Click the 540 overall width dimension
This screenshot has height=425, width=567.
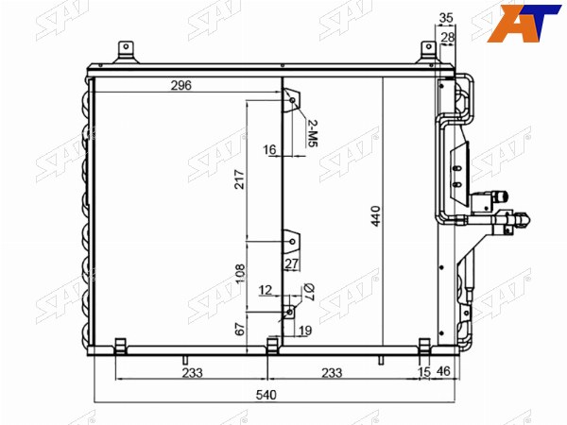point(266,395)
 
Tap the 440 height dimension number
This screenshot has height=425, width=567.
point(376,216)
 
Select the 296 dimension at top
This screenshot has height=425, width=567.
point(180,85)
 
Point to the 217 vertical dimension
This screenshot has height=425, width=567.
point(240,178)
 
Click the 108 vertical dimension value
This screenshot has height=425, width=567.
point(240,274)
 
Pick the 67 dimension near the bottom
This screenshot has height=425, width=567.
point(240,329)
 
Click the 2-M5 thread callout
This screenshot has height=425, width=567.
point(313,133)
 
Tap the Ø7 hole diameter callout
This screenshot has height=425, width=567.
point(309,292)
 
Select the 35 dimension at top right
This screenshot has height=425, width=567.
point(446,18)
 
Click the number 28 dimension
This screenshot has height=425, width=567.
point(447,37)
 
